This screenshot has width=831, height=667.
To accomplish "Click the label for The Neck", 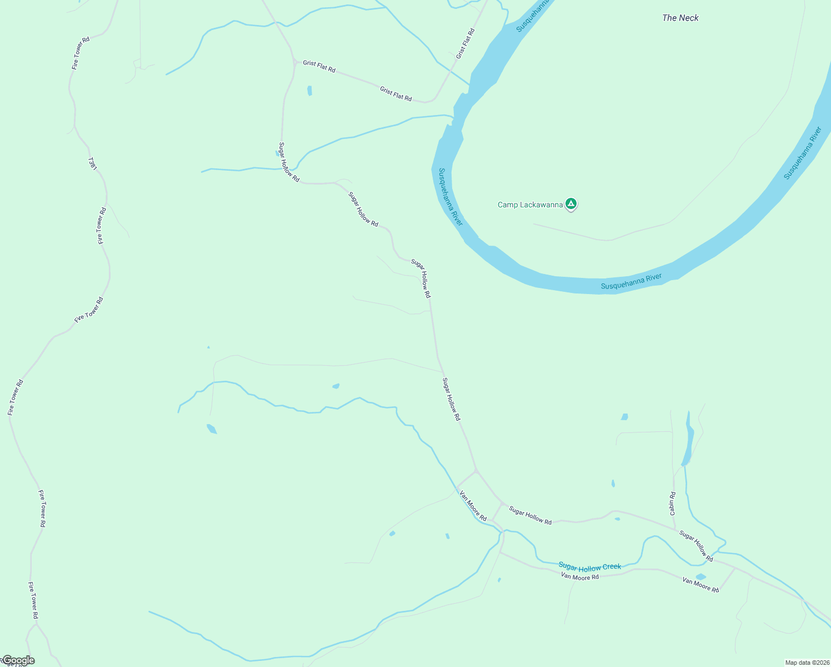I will point(680,18).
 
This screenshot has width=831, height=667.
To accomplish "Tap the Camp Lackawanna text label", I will point(530,205).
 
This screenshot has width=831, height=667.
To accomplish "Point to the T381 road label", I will point(93,163).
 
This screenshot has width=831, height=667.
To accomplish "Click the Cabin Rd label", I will point(672,503).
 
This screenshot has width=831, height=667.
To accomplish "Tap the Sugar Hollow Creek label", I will point(589,567).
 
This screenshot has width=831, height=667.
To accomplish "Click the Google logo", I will point(18,660).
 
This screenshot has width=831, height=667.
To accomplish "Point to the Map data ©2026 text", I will point(807,663).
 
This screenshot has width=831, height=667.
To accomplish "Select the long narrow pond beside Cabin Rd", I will point(688,439).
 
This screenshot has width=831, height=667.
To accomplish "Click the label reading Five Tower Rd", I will point(89,310).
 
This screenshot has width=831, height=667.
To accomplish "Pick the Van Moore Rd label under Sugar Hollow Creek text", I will point(579,577).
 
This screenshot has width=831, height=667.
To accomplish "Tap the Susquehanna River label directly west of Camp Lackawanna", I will point(450,197).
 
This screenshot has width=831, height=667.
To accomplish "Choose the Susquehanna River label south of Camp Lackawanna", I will point(631,282).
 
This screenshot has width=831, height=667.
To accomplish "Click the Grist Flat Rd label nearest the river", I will point(465,43).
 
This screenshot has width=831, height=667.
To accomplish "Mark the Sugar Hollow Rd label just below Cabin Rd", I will point(696,546).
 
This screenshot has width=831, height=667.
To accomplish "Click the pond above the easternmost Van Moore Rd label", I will point(700,576).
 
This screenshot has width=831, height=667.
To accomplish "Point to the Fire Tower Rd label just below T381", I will point(101,226).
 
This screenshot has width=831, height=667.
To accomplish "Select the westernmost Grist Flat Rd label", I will point(319,67).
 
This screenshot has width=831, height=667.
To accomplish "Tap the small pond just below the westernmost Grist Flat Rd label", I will point(309,90).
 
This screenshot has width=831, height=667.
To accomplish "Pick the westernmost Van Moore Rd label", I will point(473,505).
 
